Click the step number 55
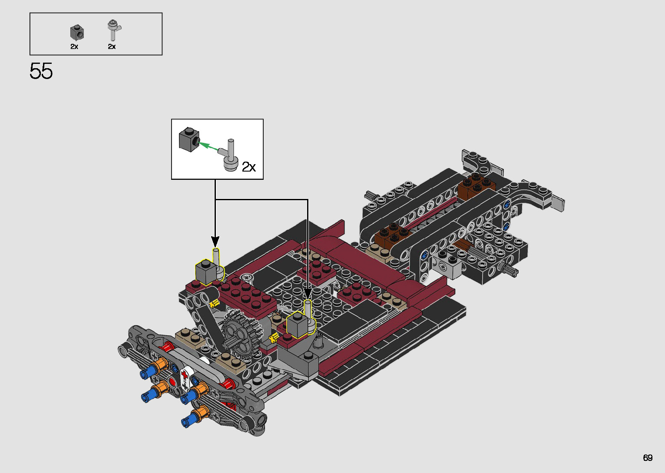point(41,71)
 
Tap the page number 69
point(648,457)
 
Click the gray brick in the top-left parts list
point(77,33)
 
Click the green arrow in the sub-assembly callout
point(208,146)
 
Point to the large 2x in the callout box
point(249,167)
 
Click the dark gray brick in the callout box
point(189,139)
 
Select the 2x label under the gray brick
point(74,46)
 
